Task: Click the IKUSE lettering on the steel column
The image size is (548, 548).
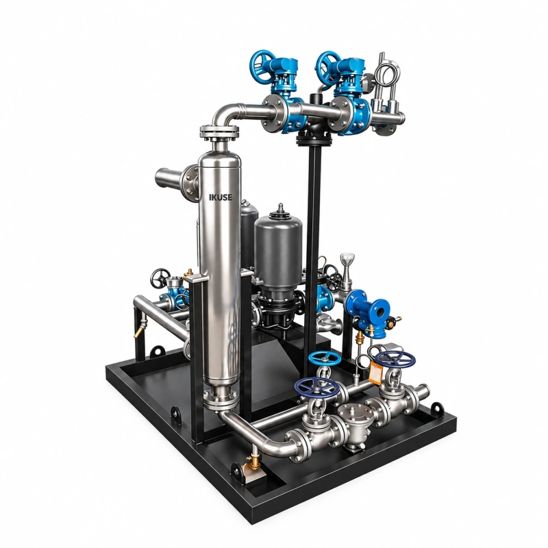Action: [x=220, y=197]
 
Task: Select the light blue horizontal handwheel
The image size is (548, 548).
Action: [x=325, y=358]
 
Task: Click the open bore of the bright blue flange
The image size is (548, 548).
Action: [x=379, y=311]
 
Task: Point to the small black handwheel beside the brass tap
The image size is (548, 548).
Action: [x=160, y=278]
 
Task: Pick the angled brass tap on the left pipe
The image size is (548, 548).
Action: [x=140, y=328]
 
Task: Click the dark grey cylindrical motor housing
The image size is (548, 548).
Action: [x=278, y=244]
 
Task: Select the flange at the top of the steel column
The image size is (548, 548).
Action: [x=219, y=132]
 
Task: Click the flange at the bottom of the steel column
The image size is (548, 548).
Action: [x=221, y=399]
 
